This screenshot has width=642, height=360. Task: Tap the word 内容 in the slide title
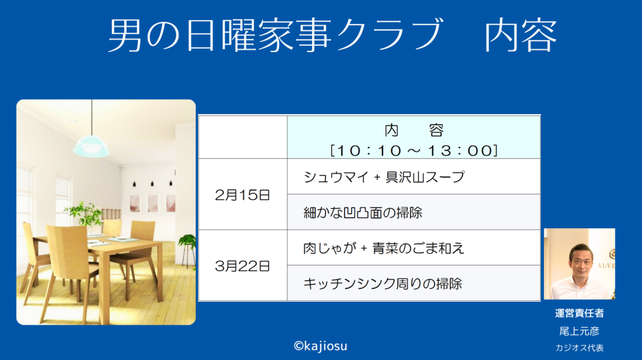pos(521,36)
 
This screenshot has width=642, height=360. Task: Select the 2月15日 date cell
pos(243,195)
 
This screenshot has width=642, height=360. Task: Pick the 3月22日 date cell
pos(243,266)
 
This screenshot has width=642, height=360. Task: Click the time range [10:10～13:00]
pos(414,151)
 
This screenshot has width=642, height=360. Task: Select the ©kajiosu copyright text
pos(320,346)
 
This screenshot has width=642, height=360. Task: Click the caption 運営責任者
pos(579,314)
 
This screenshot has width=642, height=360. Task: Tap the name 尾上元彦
pos(579,331)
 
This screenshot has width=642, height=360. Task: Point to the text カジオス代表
pos(579,347)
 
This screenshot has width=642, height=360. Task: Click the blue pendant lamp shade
pos(91,146)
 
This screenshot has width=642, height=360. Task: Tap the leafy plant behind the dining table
pos(84,214)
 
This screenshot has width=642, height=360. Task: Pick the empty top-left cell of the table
pos(243,137)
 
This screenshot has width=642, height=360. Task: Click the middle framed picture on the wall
pos(153,203)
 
